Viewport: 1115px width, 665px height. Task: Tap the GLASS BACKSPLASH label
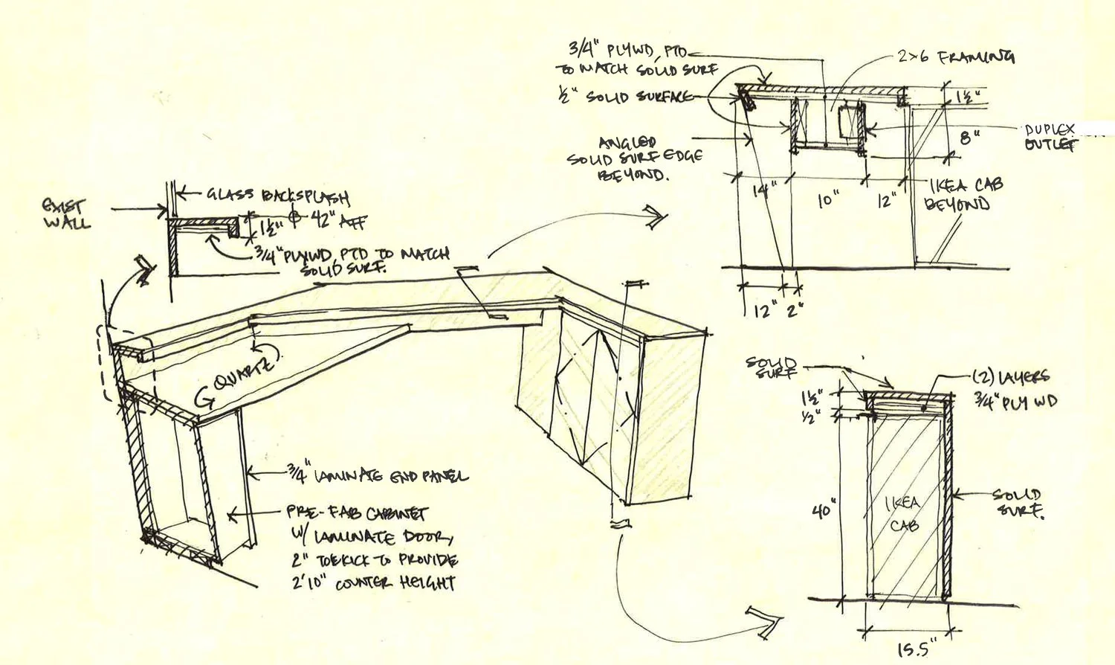277,196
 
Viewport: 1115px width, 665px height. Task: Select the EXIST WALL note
66,213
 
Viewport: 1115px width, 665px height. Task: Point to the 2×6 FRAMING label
956,57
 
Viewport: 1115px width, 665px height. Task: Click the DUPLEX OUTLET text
1050,138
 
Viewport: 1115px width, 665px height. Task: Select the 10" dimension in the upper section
828,199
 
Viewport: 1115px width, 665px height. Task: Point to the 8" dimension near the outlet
969,138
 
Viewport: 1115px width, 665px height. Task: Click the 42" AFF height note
339,219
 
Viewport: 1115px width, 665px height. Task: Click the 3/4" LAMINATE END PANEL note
377,475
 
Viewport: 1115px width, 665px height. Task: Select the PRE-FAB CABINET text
357,513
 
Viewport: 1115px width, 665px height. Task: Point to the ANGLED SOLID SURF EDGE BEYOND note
635,158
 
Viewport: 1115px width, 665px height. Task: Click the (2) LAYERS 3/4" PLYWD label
1015,389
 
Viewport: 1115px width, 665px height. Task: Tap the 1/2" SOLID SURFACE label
625,97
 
